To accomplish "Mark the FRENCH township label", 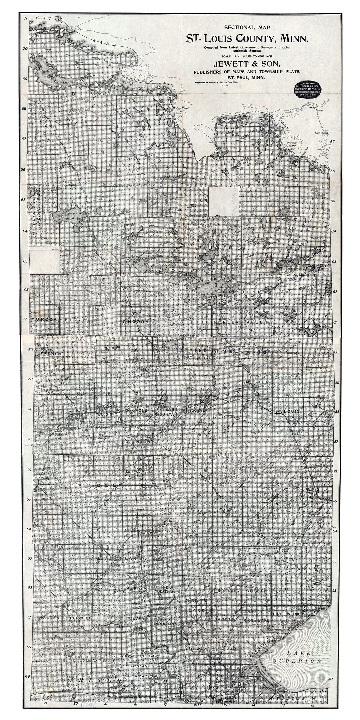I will [50, 353].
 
